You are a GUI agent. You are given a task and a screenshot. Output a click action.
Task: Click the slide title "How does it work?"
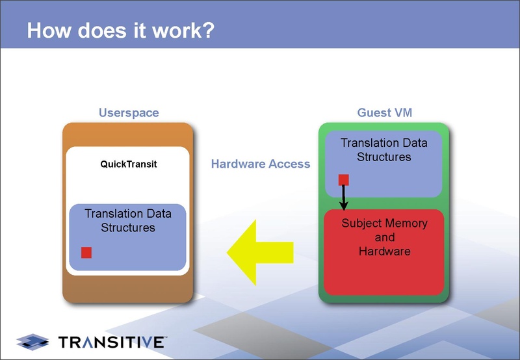point(120,31)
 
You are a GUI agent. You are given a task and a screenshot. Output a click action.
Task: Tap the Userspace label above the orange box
point(129,112)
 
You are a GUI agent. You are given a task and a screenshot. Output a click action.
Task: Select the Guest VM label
point(384,112)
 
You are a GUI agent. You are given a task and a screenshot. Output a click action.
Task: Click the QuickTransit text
point(129,164)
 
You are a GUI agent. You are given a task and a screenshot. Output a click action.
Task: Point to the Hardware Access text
point(261,164)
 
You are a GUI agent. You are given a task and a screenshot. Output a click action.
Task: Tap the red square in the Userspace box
point(86,253)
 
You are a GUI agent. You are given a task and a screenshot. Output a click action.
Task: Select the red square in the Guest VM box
point(344,180)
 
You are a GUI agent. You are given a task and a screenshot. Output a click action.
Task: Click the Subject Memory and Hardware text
point(384,237)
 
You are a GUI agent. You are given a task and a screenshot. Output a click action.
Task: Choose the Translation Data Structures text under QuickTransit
point(128,220)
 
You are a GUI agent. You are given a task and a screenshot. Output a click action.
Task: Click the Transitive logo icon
point(33,341)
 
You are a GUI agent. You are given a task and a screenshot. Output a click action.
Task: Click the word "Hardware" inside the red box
point(384,250)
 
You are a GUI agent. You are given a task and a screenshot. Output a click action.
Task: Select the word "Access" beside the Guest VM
point(289,164)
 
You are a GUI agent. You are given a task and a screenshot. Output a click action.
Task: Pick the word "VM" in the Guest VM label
point(401,112)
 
